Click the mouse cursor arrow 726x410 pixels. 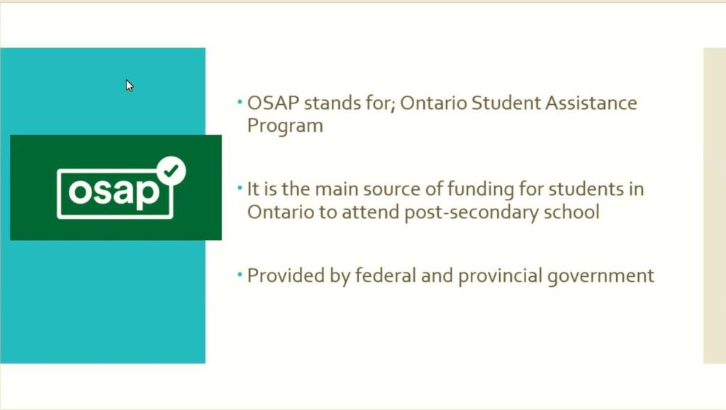129,86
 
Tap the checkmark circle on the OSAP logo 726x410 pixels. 172,171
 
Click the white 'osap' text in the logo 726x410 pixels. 114,192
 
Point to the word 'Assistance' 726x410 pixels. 591,103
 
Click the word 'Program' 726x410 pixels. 285,126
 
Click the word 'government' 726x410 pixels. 601,276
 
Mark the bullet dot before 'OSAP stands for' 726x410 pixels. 240,101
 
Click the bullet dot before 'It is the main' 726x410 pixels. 240,188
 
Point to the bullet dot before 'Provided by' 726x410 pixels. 240,274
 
